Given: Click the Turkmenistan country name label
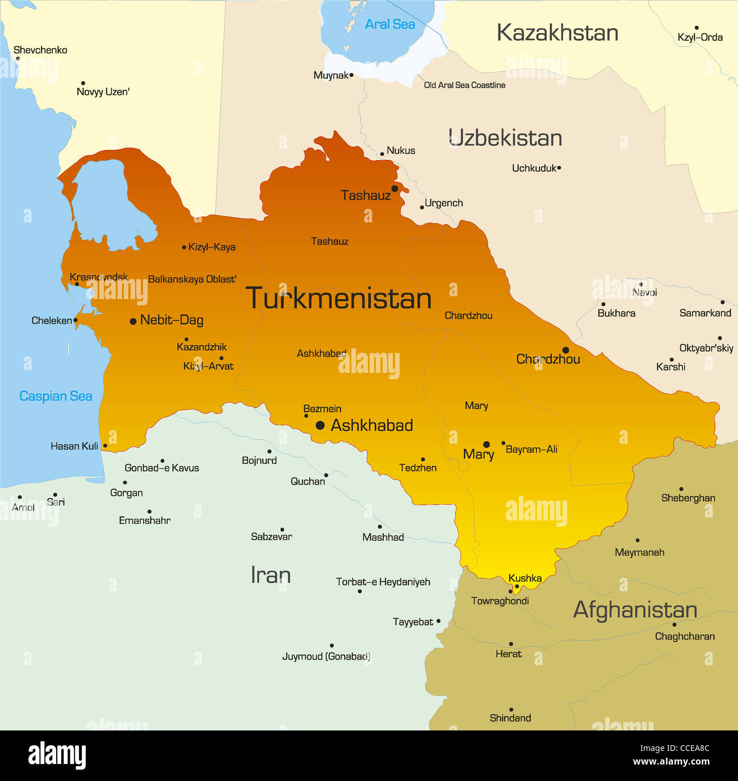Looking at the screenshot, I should click(x=338, y=299).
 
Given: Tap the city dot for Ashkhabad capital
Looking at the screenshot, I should click(x=320, y=425).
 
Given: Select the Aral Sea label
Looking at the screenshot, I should click(x=390, y=24).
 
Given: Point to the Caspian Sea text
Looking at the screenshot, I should click(x=56, y=396).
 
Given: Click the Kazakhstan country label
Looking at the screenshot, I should click(x=557, y=33).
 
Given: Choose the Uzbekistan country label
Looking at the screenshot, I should click(x=505, y=138).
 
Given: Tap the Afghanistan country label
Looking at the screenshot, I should click(x=635, y=610).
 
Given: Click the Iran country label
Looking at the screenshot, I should click(x=271, y=576).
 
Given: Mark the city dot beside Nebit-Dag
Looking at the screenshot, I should click(x=133, y=321).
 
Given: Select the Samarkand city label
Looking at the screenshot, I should click(x=705, y=313).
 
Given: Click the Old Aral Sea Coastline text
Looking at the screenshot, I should click(x=464, y=85).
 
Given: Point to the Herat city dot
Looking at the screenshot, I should click(x=511, y=644).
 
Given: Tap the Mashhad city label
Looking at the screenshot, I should click(x=383, y=537).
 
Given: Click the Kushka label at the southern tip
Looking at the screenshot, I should click(x=525, y=578).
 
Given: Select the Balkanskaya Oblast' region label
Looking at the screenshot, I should click(x=192, y=279).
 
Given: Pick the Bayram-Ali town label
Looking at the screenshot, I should click(x=531, y=449).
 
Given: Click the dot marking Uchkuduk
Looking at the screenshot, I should click(x=559, y=168).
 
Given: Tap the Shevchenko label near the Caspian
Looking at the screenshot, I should click(x=40, y=50).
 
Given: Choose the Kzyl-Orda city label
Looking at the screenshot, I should click(x=700, y=37).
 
